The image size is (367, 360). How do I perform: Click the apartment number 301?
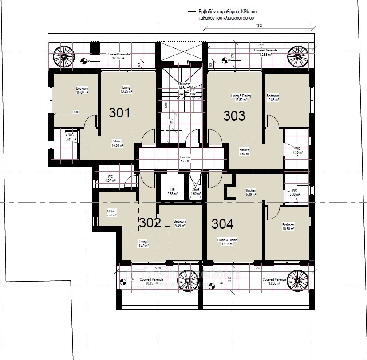pos(120,113)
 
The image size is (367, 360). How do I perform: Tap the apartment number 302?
pos(150,223)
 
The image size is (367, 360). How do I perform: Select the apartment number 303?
pos(234,116)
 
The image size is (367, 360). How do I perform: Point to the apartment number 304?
pos(222,224)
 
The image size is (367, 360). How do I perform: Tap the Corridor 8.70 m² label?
pos(185,159)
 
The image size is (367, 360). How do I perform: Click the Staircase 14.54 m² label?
pos(184,86)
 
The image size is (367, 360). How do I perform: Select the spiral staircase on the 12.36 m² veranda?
pos(64,56)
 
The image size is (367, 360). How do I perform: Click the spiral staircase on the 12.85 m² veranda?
pos(298,56)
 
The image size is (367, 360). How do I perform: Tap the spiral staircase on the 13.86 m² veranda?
pos(297,281)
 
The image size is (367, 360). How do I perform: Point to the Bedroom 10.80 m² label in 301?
pos(82,90)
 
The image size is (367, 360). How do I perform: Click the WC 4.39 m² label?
pos(297,150)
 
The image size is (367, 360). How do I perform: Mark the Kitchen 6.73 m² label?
pos(111,213)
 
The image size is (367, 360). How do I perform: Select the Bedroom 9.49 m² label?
pos(180,223)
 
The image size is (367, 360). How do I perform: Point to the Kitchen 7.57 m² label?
pos(245,152)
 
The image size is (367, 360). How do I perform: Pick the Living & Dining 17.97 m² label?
pos(227,242)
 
